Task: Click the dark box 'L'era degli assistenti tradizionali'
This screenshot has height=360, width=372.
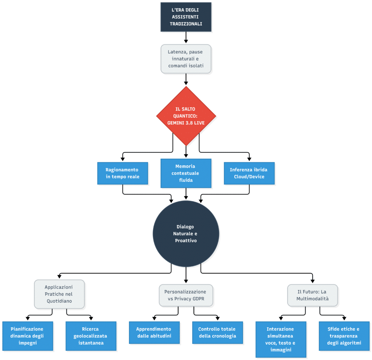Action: pos(186,17)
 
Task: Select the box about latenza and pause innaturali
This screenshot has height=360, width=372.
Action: pos(186,58)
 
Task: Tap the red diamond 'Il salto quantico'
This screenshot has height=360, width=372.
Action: pos(186,116)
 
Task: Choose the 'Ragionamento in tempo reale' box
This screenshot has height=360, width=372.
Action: pos(123,173)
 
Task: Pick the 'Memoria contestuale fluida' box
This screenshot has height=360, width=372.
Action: pos(186,173)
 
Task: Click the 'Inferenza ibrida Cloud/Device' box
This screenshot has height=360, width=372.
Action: pos(249,173)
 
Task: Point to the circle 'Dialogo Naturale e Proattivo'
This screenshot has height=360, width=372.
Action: pos(186,234)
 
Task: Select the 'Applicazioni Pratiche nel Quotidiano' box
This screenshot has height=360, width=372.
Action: pos(59,294)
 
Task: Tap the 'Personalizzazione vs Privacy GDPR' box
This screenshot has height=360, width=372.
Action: pos(186,295)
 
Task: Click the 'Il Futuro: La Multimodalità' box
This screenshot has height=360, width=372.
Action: pos(312,295)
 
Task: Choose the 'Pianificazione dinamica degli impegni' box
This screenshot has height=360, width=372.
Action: pos(28,336)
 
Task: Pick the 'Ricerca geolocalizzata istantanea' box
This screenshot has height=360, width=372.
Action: pos(91,336)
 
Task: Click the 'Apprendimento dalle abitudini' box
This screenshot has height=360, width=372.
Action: pos(154,332)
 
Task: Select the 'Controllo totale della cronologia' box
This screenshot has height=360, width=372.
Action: pos(218,332)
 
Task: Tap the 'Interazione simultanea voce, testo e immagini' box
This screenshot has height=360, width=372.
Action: pos(281,339)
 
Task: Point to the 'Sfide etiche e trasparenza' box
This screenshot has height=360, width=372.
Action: pos(344,336)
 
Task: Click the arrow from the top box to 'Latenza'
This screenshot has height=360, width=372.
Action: pos(186,37)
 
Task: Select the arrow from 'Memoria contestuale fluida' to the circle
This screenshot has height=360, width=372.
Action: pos(186,193)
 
